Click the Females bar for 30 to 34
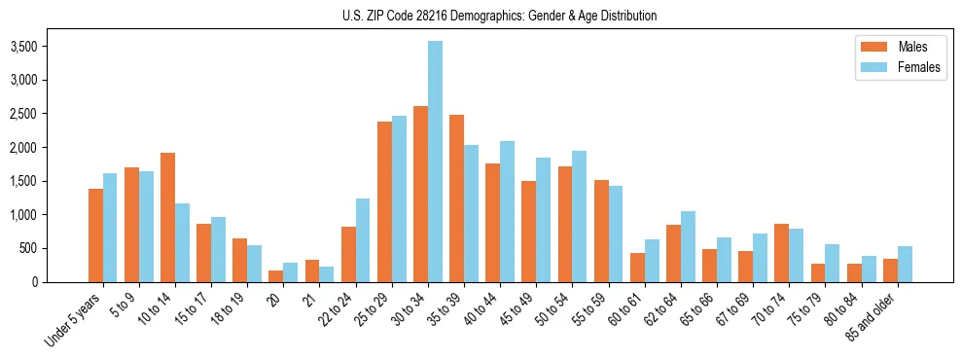[x=435, y=162]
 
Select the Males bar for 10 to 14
[x=167, y=217]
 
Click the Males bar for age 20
[x=275, y=276]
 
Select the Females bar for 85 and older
[x=905, y=264]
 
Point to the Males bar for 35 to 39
[x=456, y=198]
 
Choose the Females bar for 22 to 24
[x=363, y=240]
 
